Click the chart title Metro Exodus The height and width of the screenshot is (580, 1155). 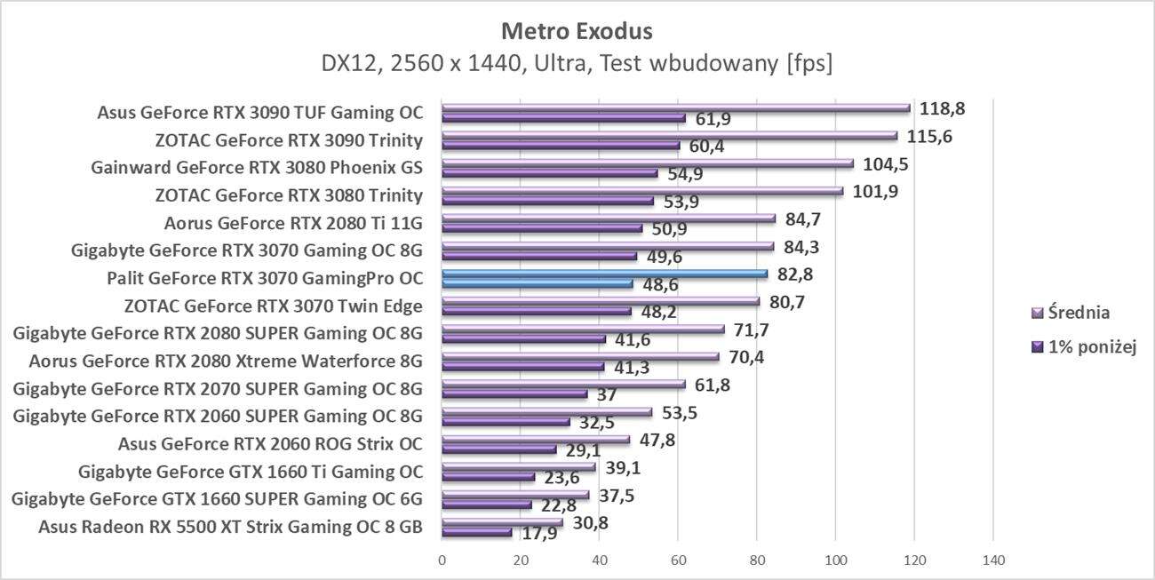(x=577, y=31)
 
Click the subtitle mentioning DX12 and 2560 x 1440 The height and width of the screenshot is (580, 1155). (x=577, y=65)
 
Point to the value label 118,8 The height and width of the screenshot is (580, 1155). (x=944, y=108)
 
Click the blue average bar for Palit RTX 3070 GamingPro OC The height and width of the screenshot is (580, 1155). (x=604, y=274)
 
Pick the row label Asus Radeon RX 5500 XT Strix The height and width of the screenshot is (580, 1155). (x=230, y=527)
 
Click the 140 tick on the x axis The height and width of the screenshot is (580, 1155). (x=992, y=560)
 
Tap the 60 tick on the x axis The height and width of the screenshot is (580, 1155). (x=678, y=560)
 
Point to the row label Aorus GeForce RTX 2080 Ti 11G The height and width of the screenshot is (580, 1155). (x=293, y=222)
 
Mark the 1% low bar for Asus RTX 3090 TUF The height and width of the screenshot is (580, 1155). (x=563, y=117)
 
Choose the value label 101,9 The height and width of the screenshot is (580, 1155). (x=876, y=191)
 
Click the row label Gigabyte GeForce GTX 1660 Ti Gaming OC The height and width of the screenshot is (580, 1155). (x=251, y=471)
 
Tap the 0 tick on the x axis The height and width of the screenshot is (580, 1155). (x=442, y=560)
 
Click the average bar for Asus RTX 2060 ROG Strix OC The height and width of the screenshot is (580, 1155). (x=536, y=440)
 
